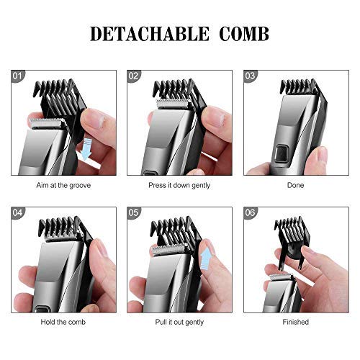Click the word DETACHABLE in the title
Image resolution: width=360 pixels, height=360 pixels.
150,34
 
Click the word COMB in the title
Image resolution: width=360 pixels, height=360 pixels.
244,34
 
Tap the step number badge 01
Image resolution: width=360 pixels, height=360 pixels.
17,76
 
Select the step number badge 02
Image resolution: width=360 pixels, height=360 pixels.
133,76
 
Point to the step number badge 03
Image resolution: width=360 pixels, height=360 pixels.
250,76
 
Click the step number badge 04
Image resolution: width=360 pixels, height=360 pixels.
17,212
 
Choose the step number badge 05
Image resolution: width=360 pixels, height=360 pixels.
133,212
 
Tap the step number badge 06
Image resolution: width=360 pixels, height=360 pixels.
250,212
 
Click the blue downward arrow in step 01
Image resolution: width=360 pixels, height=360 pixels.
85,150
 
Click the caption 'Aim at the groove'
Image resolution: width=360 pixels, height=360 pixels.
63,185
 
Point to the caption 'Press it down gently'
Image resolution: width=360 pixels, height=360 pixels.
179,185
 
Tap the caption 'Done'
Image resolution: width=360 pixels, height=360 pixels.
296,185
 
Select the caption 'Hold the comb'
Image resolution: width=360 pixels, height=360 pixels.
63,322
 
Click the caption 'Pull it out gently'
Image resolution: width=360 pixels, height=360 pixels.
179,322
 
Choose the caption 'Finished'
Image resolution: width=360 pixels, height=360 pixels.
296,322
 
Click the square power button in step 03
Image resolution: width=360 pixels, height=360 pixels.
282,153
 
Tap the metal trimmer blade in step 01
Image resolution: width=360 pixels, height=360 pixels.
47,123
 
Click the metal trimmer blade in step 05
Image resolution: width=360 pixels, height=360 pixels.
169,250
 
